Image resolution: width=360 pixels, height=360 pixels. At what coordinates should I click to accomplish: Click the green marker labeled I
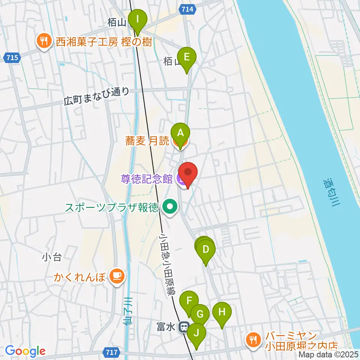138,19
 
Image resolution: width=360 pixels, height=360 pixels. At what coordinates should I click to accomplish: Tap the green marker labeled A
180,133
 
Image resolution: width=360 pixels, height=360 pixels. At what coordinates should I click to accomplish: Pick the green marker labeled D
205,249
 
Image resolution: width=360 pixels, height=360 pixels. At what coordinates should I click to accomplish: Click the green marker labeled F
189,301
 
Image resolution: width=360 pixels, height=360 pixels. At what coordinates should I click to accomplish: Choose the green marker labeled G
200,314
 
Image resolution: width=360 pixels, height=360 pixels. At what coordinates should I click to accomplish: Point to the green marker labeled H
222,312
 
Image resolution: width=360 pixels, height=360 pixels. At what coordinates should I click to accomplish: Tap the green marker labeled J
196,333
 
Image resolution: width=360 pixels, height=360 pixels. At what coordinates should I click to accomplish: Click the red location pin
187,172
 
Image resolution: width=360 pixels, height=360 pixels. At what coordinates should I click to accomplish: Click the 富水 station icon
184,327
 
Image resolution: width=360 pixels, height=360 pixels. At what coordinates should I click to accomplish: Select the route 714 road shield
186,9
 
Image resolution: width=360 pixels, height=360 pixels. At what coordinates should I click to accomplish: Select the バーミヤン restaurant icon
253,340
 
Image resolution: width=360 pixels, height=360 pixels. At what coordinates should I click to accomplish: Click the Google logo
25,351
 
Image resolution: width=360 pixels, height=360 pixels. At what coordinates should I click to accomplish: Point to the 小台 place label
52,257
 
